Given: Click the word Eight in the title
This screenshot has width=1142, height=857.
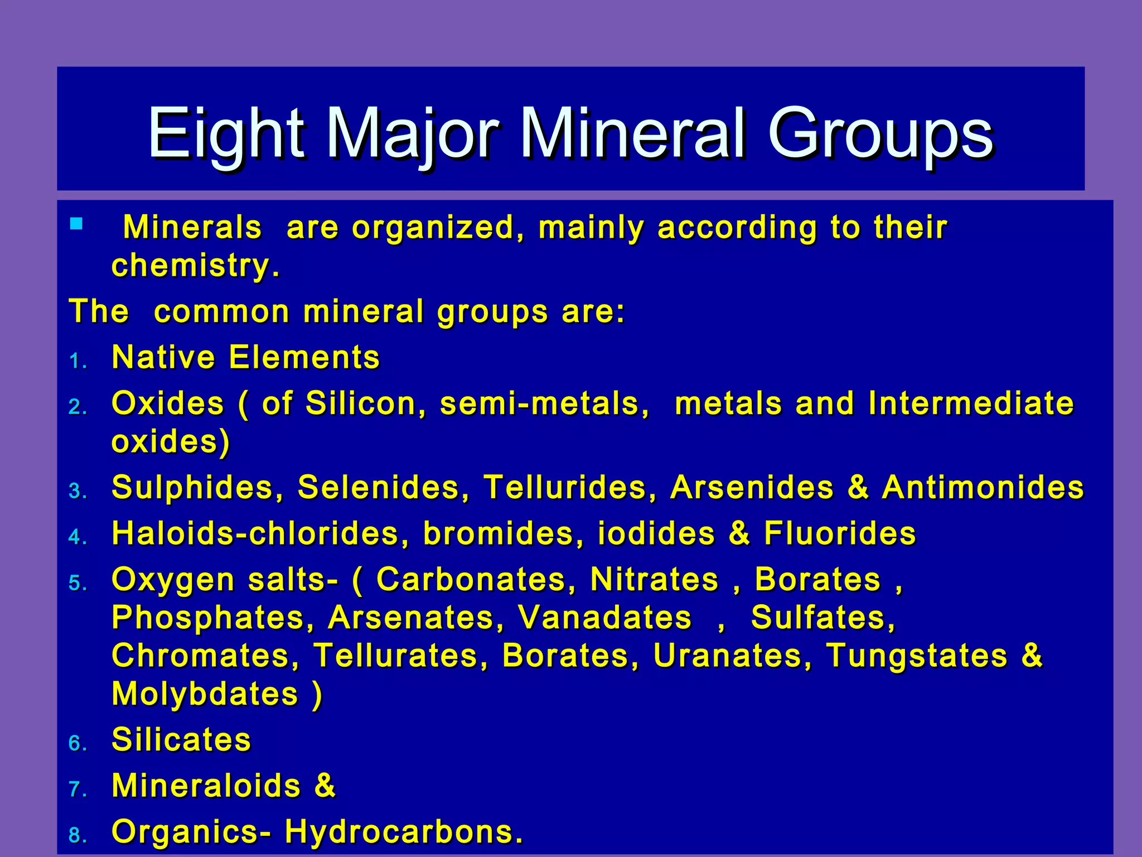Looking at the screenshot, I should click(226, 134).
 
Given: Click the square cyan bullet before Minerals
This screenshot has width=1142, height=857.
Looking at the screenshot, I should click(76, 224).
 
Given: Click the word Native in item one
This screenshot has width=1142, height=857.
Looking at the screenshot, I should click(163, 357).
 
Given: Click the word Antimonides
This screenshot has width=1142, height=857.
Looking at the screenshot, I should click(983, 487).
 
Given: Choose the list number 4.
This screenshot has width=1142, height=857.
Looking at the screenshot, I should click(76, 537).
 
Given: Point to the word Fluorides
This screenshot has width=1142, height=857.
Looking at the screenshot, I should click(840, 533).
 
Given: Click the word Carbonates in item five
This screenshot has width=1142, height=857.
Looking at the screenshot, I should click(471, 579).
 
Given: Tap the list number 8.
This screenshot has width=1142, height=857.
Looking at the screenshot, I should click(76, 836).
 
